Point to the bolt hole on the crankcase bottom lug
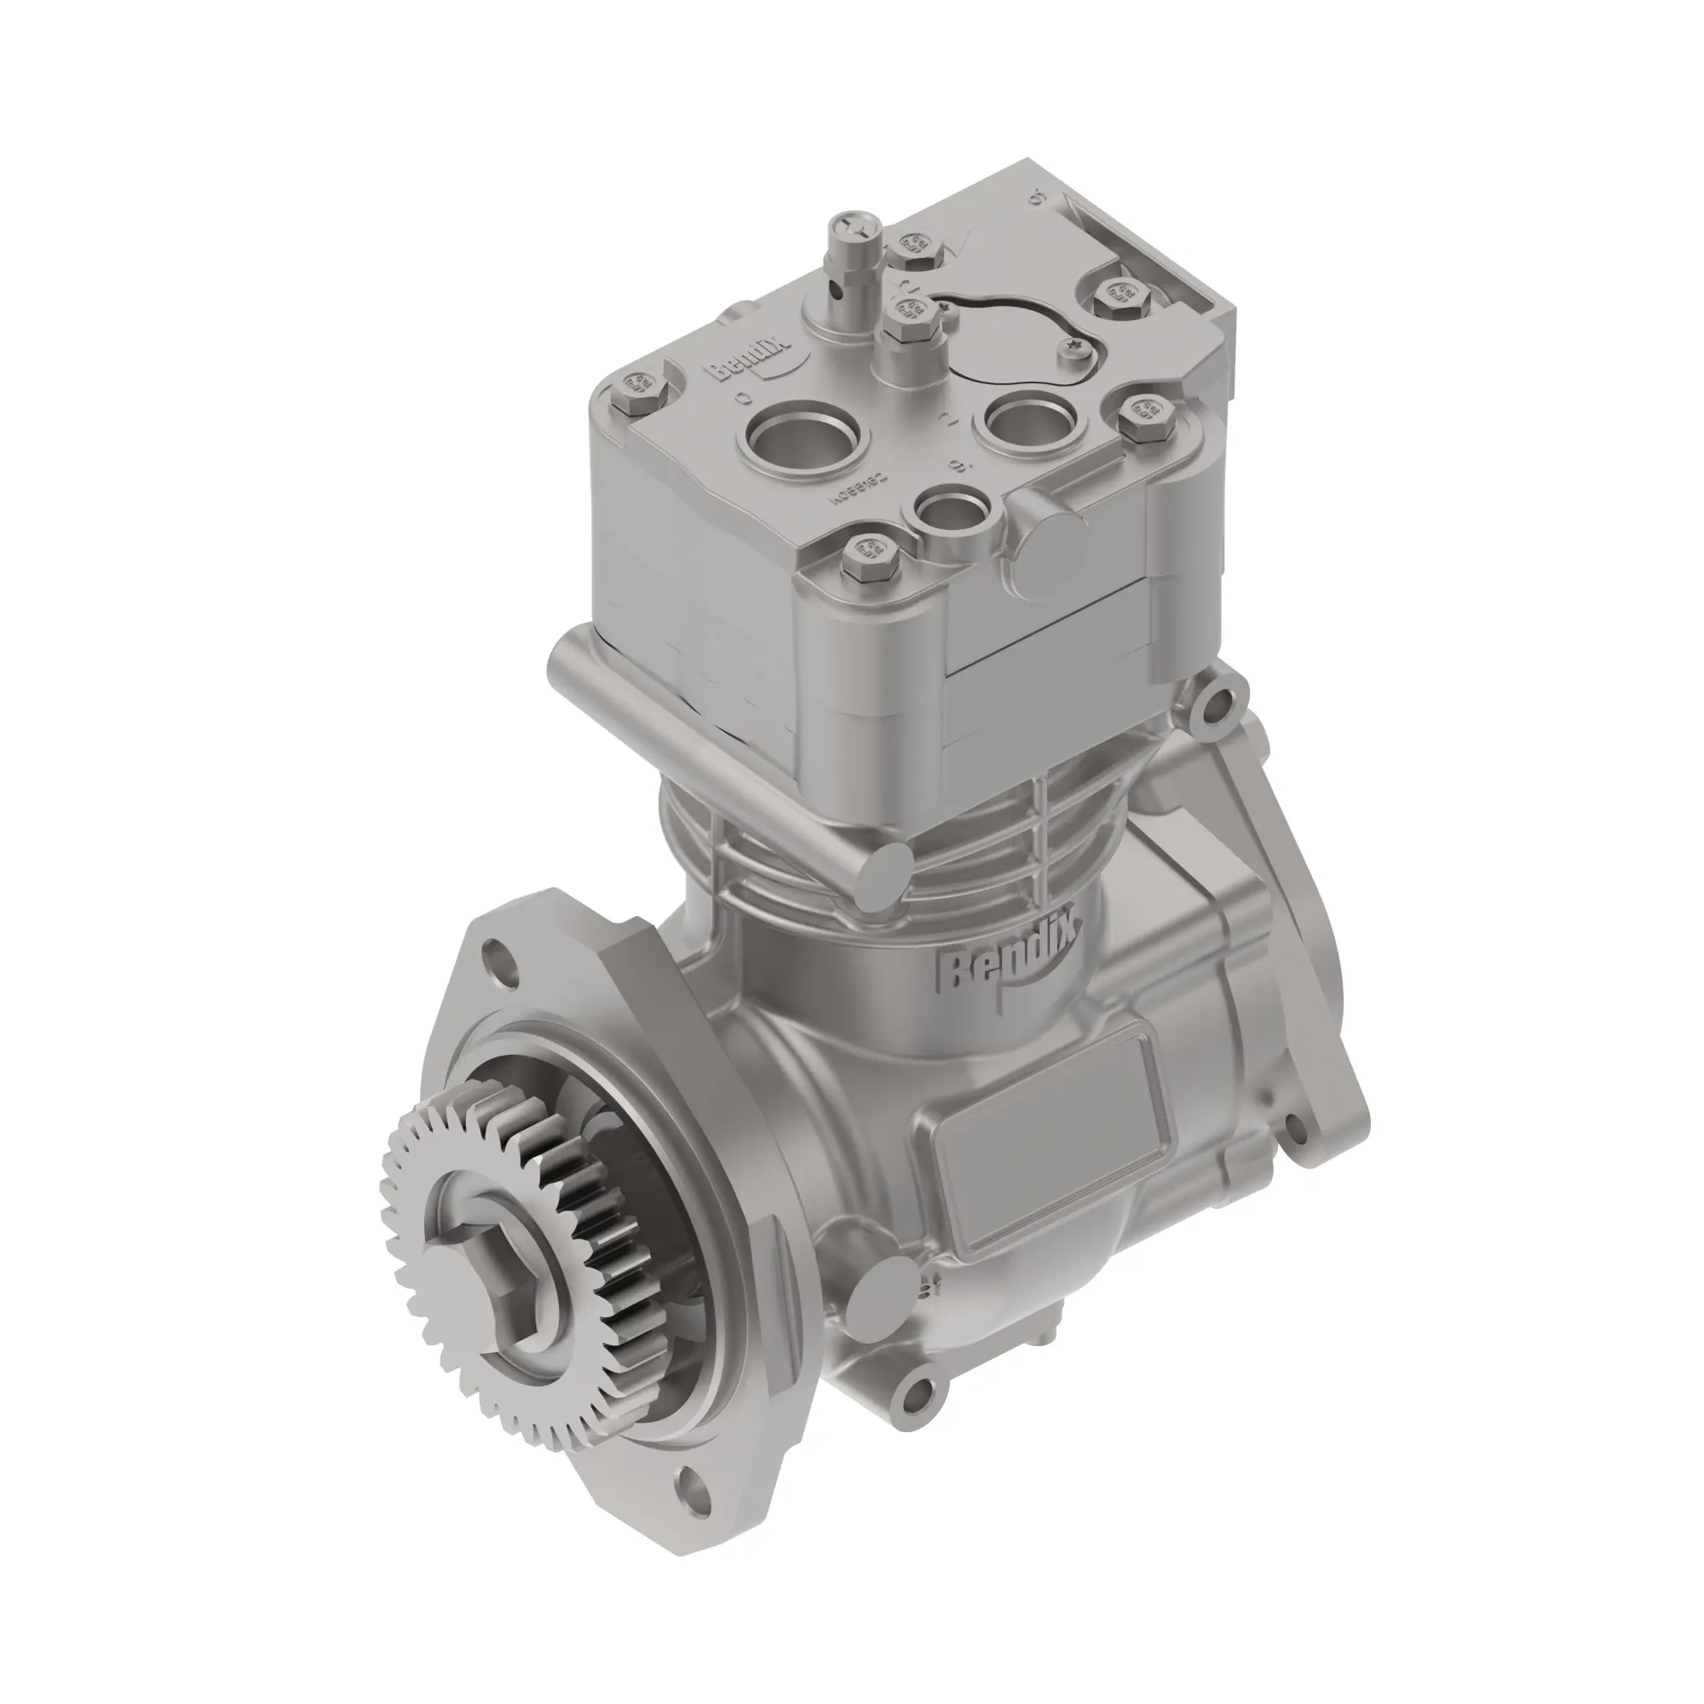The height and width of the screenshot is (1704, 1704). (x=918, y=1394)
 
